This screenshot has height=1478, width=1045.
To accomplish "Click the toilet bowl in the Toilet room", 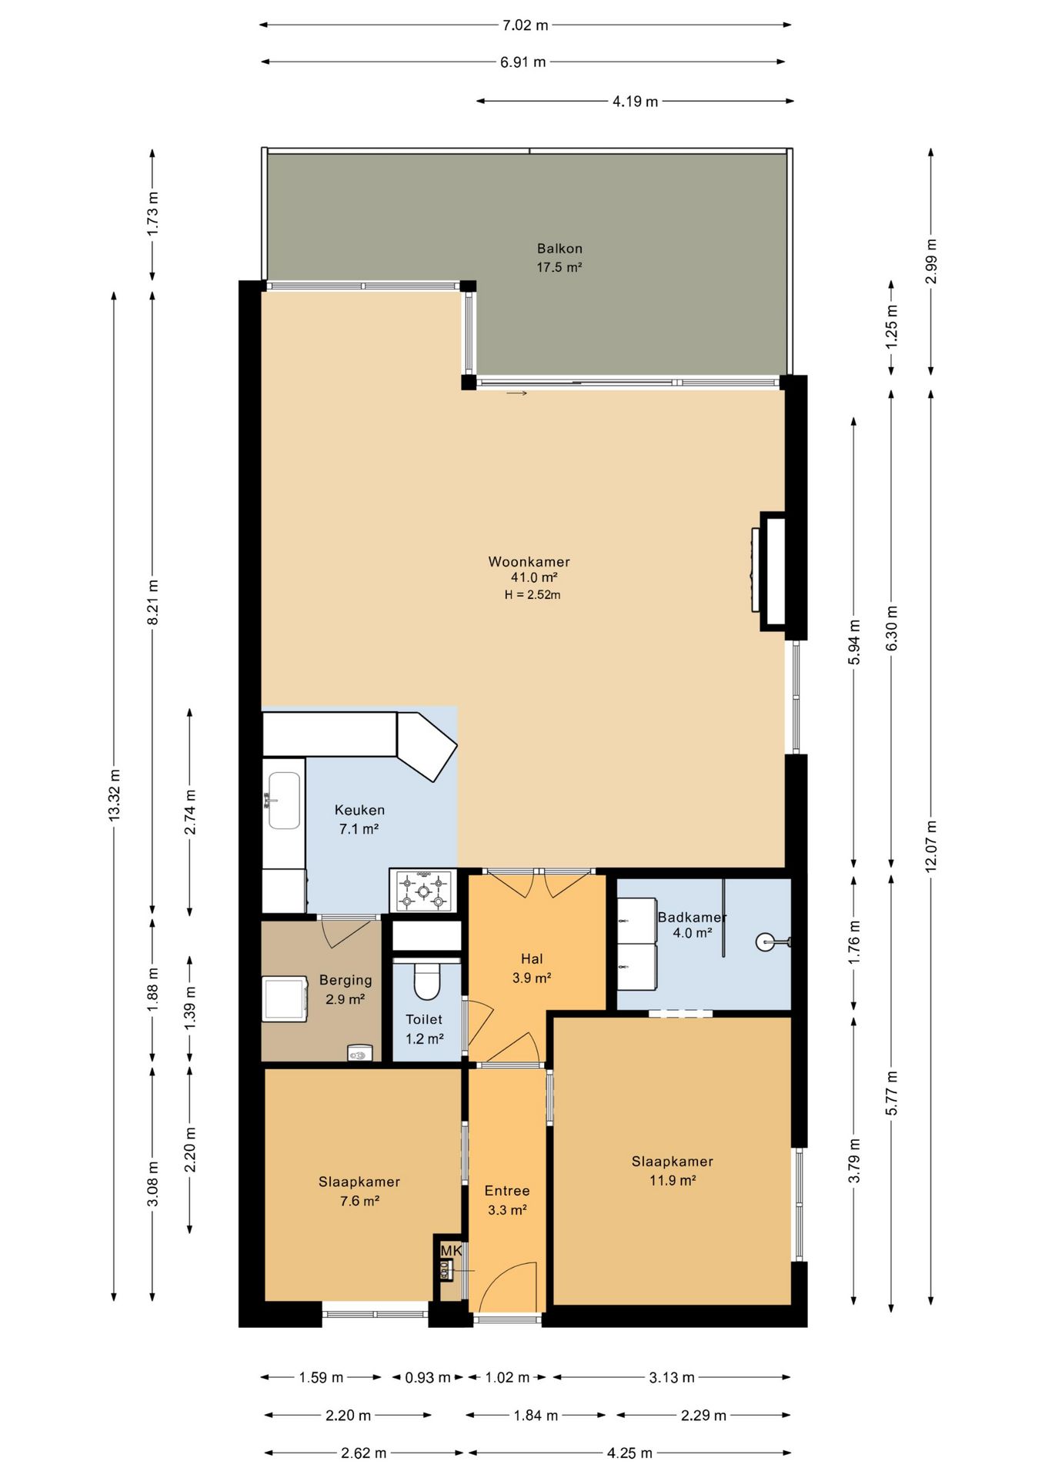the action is (x=427, y=980).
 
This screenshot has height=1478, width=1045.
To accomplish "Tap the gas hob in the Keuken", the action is (x=422, y=891).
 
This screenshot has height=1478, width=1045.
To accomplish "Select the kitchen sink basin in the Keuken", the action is (x=284, y=801).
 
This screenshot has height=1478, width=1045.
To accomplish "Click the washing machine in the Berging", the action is (x=285, y=999).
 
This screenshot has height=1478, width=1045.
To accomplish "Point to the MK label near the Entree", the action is (x=451, y=1251).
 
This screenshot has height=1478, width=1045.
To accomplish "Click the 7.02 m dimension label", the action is (x=526, y=25).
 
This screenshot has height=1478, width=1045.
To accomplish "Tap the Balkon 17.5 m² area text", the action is (x=559, y=267).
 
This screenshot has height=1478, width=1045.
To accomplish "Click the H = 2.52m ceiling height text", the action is (x=533, y=594).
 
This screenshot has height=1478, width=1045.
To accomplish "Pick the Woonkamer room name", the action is (x=529, y=562).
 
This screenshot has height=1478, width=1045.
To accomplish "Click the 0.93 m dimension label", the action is (x=428, y=1377).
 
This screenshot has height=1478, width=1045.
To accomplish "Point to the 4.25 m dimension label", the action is (x=629, y=1453).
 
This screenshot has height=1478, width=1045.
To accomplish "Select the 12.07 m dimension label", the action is (x=931, y=846).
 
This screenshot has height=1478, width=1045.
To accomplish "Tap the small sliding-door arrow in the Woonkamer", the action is (x=517, y=393).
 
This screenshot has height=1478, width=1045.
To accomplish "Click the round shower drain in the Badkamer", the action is (x=765, y=941).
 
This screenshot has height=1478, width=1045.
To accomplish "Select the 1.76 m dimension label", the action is (x=854, y=942).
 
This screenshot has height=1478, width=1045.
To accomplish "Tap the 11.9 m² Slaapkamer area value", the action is (x=673, y=1181).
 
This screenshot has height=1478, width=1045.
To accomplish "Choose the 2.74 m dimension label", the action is (x=190, y=812).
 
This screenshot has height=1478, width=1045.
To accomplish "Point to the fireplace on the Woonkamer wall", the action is (x=772, y=571).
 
